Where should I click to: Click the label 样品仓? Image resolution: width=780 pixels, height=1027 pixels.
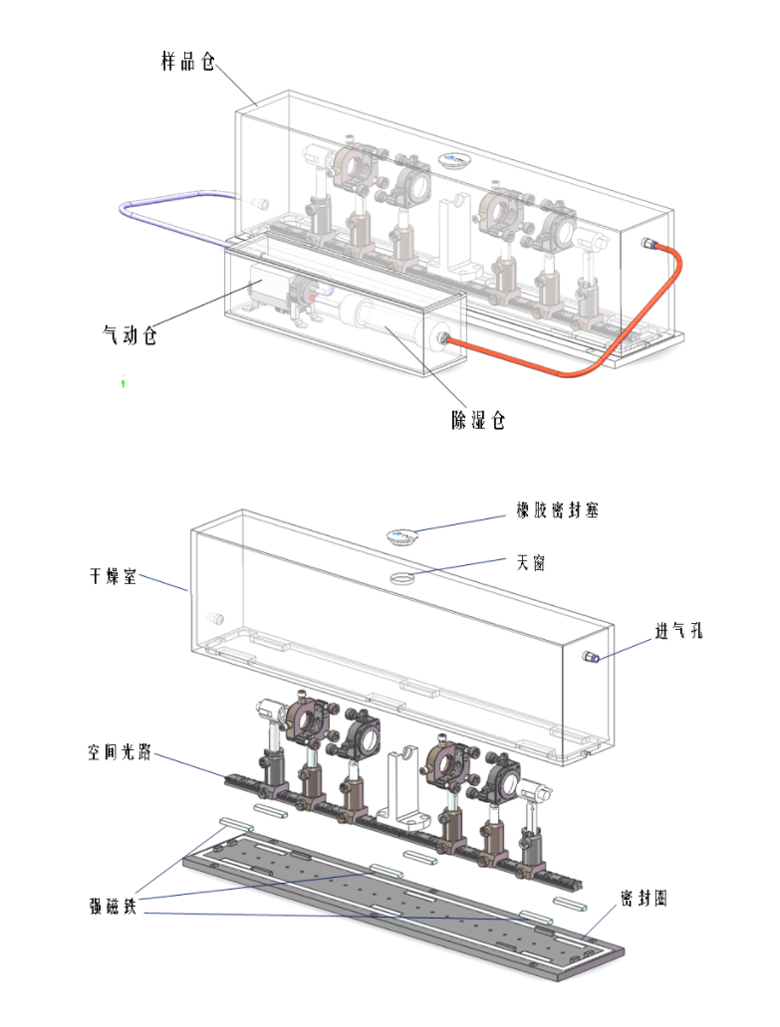coord(188,62)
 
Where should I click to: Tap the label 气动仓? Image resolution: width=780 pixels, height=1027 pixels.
coord(130,334)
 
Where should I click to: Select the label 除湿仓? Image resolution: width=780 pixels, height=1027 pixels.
coord(478,420)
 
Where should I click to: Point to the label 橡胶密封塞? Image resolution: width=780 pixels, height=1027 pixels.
coord(557,511)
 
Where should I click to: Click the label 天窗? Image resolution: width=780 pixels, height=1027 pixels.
coord(530,562)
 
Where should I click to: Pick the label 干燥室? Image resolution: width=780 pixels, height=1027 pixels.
coord(113,576)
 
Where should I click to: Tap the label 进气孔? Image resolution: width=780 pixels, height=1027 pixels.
coord(679,631)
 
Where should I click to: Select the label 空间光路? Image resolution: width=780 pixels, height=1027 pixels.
coord(120,751)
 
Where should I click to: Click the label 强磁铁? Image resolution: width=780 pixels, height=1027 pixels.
coord(113,907)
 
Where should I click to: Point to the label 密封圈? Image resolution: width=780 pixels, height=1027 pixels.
coord(644,898)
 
